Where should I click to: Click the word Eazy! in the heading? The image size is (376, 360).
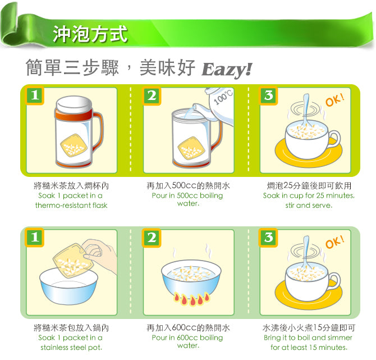point(227,69)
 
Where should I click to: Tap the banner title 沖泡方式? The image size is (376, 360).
point(90,34)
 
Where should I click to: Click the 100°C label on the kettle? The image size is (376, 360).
point(223,97)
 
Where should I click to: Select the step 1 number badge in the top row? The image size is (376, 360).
point(35,95)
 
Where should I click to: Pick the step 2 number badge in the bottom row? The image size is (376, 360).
point(152,238)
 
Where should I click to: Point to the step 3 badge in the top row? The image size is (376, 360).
point(268,95)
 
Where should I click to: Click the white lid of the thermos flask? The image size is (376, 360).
point(74,105)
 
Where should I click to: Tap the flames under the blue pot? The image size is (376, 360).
point(192,299)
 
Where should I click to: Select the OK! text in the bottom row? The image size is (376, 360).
point(335,242)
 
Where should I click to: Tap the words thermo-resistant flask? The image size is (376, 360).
point(71,206)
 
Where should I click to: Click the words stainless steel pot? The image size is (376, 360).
point(71,348)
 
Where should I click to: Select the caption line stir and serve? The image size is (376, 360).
point(309,206)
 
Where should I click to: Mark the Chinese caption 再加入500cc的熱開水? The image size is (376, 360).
point(188,186)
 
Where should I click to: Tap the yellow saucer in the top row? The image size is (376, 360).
point(309,153)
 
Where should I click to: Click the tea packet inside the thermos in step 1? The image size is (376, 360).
point(74,145)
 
